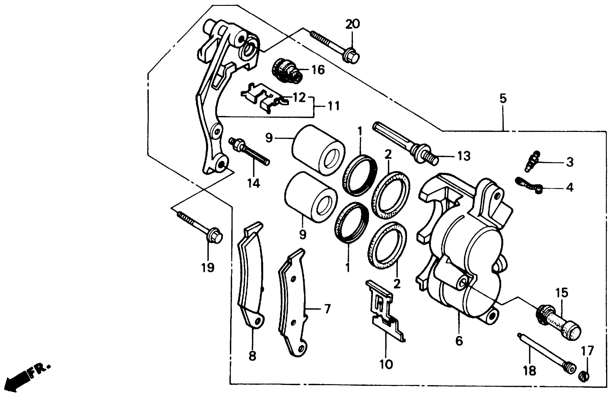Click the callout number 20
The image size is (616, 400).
pos(353,24)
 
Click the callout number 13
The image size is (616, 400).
pos(464,156)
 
